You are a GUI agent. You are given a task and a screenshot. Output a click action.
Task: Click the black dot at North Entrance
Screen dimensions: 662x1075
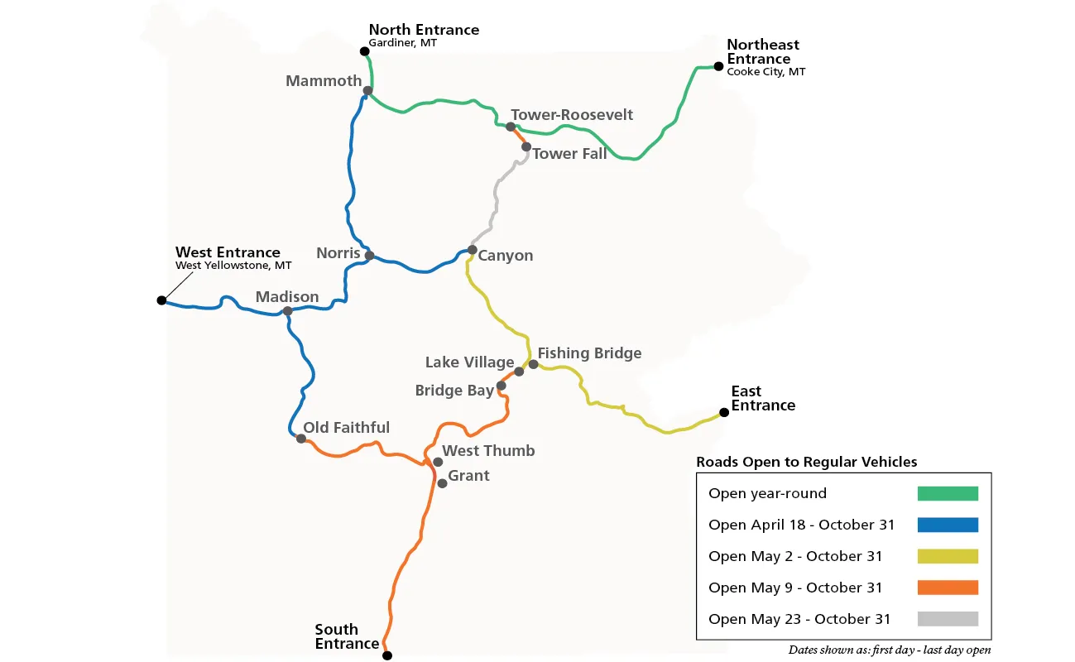coord(364,51)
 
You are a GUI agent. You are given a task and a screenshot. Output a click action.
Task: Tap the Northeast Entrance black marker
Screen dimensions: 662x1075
coord(718,66)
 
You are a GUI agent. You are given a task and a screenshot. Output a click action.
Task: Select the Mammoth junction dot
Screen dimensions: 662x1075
coord(367,90)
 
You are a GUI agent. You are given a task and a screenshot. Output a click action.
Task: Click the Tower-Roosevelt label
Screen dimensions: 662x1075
coord(572,114)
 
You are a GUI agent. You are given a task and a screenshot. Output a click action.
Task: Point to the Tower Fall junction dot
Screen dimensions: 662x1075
coord(526,146)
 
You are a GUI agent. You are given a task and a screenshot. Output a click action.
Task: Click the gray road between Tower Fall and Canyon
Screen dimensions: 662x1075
coord(497,194)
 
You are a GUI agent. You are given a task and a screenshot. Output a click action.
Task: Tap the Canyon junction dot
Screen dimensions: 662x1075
coord(473,249)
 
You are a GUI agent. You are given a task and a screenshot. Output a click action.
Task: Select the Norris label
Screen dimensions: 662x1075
coord(338,252)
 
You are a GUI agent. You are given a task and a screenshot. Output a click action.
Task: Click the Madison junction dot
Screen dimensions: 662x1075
coord(287,311)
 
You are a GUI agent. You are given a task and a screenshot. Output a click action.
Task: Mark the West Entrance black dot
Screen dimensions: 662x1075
coord(161,300)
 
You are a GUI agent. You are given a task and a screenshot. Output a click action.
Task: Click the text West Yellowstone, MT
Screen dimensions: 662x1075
coord(233,266)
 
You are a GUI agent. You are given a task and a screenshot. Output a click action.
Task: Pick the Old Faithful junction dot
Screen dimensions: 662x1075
coord(301,438)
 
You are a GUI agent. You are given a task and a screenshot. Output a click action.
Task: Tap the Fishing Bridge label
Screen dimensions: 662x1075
coord(589,353)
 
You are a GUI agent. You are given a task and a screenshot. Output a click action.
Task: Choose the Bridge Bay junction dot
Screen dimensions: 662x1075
coord(501,386)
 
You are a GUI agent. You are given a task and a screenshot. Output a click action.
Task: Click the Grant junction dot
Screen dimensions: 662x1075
coord(442,483)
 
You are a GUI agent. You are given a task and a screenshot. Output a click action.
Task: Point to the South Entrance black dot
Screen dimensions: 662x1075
coord(386,655)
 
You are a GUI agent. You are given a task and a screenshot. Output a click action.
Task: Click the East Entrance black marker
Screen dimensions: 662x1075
coord(724,412)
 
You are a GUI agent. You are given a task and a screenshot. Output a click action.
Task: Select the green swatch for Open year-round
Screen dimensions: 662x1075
coord(948,493)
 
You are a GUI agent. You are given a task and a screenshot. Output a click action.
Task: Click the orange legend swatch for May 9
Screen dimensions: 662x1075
coord(948,588)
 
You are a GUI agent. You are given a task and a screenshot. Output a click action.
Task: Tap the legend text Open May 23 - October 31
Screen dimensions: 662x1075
coord(799,619)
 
